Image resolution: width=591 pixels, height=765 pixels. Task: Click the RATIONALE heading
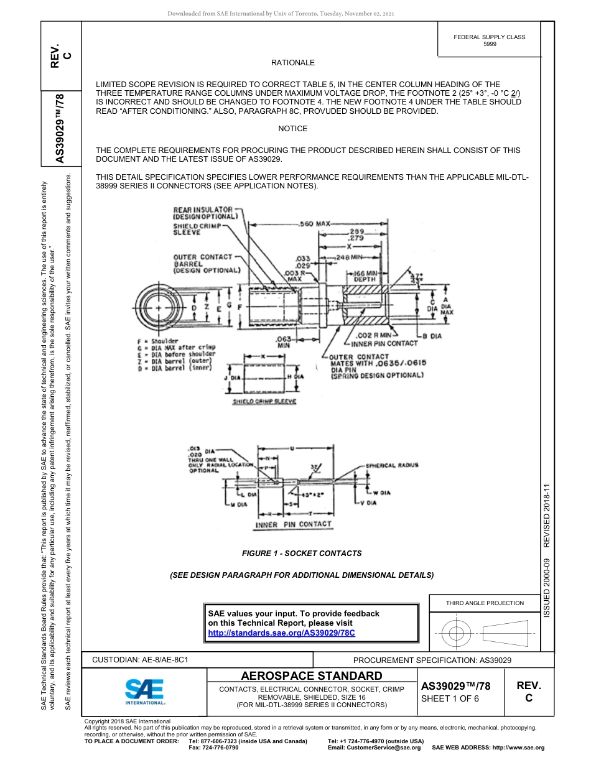point(292,63)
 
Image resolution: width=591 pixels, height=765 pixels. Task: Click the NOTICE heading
point(292,129)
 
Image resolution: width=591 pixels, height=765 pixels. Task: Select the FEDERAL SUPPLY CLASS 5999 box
point(489,40)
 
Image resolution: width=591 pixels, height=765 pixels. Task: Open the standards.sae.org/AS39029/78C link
point(281,633)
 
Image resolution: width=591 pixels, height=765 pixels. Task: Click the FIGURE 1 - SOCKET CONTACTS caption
point(302,553)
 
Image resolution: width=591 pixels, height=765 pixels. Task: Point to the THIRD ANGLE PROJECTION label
point(485,603)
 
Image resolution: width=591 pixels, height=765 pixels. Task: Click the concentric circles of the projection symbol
point(457,634)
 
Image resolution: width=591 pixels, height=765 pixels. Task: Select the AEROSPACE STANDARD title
point(312,675)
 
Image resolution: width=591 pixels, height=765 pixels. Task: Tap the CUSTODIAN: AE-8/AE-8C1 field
point(140,660)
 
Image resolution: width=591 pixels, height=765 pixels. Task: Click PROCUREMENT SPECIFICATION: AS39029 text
point(432,660)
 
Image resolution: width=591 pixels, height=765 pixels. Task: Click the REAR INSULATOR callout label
point(204,210)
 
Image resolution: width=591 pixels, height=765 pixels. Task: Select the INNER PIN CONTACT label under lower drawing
point(294,524)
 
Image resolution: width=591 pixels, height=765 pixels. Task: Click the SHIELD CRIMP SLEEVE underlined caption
point(264,402)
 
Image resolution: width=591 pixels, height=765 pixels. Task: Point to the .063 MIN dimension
point(284,342)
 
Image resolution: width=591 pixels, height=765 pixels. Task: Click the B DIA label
point(433,336)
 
